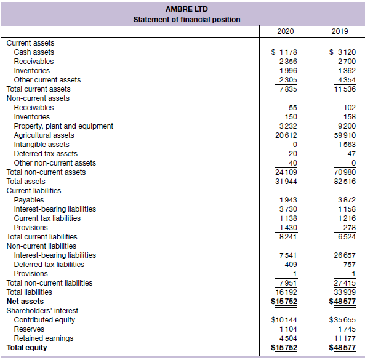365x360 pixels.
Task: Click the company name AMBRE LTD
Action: [187, 9]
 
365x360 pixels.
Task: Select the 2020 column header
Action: [286, 31]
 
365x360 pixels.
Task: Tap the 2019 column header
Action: [340, 31]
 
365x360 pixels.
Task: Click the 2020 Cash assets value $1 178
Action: [284, 52]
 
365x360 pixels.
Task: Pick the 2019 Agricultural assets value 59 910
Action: [345, 135]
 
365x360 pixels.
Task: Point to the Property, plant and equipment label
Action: [63, 126]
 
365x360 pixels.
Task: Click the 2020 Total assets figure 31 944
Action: [286, 182]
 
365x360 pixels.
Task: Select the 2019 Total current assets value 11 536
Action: [345, 89]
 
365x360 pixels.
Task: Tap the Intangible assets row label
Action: [42, 145]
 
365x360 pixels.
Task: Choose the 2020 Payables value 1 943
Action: [288, 200]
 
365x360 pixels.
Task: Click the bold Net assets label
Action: [25, 302]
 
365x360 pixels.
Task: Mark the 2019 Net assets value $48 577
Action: [342, 302]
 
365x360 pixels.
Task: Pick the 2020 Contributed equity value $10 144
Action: [284, 320]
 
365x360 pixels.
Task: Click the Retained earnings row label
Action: [44, 338]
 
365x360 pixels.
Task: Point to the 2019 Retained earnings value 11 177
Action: [345, 338]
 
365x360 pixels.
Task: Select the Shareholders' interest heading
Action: [42, 311]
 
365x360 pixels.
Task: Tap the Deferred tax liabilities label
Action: [49, 265]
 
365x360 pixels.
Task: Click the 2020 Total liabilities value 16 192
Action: [286, 292]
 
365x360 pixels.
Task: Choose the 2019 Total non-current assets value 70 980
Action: [345, 172]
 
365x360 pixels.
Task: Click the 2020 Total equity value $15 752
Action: [284, 348]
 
